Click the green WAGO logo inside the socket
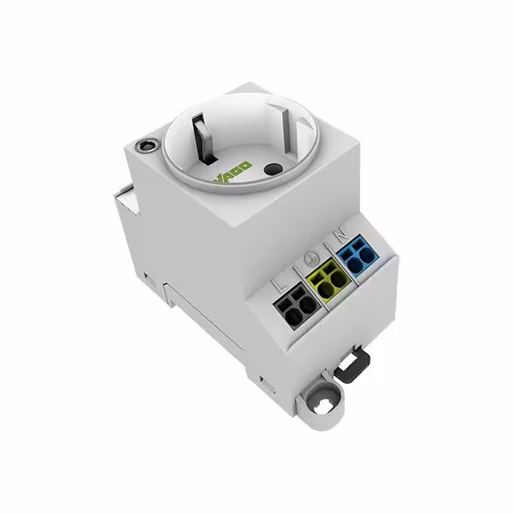(x=233, y=171)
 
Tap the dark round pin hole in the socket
(x=273, y=169)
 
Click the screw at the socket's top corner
(x=147, y=145)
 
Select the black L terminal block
(x=297, y=306)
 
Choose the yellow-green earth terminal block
(x=329, y=279)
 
